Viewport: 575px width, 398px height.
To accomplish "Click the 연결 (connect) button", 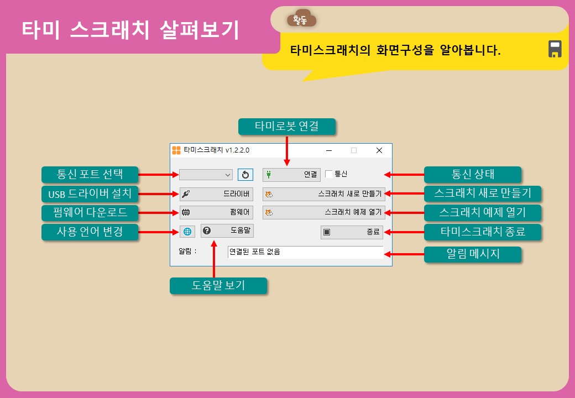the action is click(291, 175).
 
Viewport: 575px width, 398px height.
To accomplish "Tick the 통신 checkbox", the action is click(329, 174).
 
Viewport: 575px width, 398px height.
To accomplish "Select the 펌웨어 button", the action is click(216, 212).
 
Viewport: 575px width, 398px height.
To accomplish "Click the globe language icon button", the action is click(187, 231).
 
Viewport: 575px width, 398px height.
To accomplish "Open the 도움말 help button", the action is click(227, 231).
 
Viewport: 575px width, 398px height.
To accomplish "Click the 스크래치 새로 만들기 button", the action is click(323, 194).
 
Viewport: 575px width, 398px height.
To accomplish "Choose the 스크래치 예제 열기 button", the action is click(323, 212).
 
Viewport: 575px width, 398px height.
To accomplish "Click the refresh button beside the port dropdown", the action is click(245, 175).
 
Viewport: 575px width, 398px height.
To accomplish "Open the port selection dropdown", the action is click(206, 175).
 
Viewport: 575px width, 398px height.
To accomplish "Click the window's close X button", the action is click(379, 150).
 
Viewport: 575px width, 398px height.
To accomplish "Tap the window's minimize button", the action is click(328, 150).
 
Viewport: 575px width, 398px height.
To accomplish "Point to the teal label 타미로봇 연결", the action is click(286, 127).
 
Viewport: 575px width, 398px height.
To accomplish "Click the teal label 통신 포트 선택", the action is click(90, 175).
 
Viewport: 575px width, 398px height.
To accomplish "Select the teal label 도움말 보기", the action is click(218, 285).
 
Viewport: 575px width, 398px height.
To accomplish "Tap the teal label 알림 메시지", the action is click(472, 254).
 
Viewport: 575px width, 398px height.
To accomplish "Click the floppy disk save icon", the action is click(555, 49).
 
